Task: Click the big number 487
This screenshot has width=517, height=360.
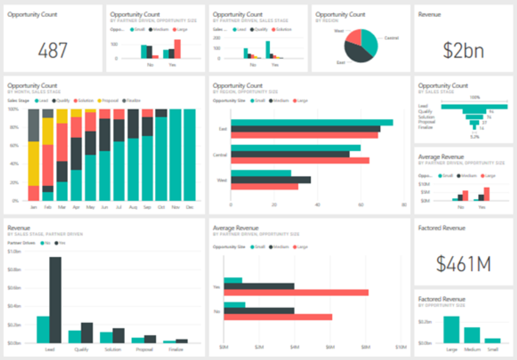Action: coord(53,50)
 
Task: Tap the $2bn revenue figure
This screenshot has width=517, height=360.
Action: coord(463,50)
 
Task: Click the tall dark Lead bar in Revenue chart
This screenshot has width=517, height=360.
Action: coord(56,300)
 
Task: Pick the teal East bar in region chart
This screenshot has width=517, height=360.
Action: coord(312,122)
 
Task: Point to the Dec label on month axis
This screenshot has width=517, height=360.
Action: coord(189,207)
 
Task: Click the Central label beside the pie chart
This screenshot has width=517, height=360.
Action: coord(391,38)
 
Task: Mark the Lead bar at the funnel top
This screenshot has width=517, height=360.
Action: coord(474,105)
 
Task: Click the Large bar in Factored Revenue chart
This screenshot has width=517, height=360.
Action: coord(451,329)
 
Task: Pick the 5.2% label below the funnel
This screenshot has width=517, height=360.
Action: coord(474,136)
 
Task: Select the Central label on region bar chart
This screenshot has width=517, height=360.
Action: coord(219,154)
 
